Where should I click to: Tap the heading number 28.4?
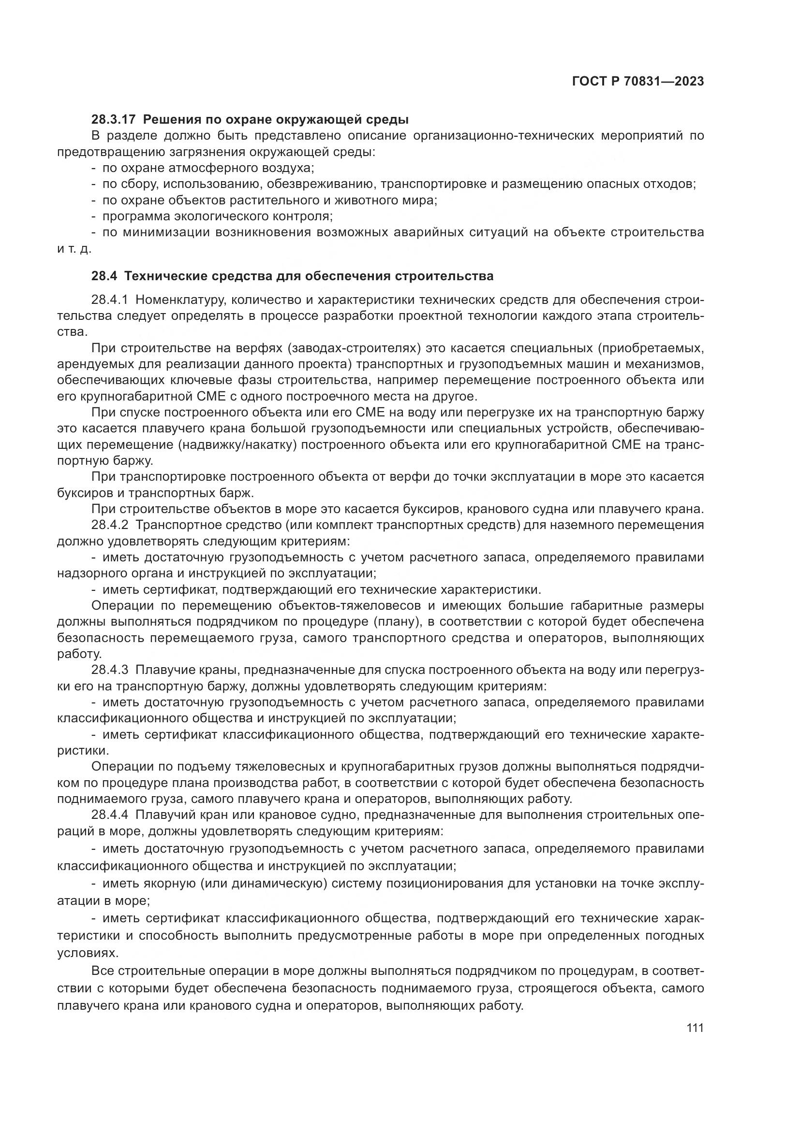104,276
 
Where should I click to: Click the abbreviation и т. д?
74,249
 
